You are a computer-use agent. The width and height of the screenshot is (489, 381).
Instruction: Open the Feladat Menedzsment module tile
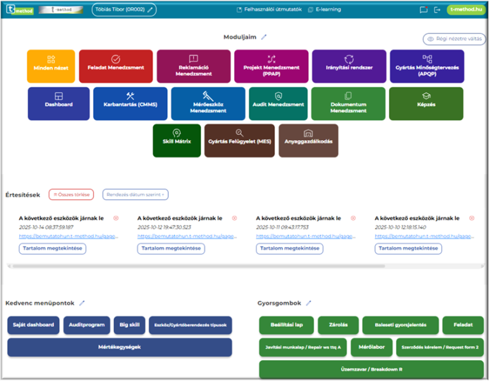click(x=116, y=66)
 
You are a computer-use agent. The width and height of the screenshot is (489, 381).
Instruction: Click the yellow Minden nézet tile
click(x=51, y=66)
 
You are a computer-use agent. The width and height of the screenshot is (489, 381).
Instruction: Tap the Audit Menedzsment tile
click(x=278, y=103)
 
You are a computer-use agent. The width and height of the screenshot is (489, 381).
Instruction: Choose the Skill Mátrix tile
click(x=176, y=140)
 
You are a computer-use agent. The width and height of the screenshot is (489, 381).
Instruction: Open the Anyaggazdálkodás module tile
click(x=309, y=140)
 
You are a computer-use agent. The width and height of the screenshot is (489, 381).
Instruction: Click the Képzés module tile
click(x=435, y=103)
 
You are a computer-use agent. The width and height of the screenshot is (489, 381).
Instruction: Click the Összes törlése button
click(x=71, y=194)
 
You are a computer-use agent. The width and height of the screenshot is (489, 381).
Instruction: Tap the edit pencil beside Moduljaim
click(x=264, y=38)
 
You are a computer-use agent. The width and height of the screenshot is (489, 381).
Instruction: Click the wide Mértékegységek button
click(x=120, y=347)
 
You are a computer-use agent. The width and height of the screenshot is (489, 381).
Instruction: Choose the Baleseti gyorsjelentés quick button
click(x=400, y=325)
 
